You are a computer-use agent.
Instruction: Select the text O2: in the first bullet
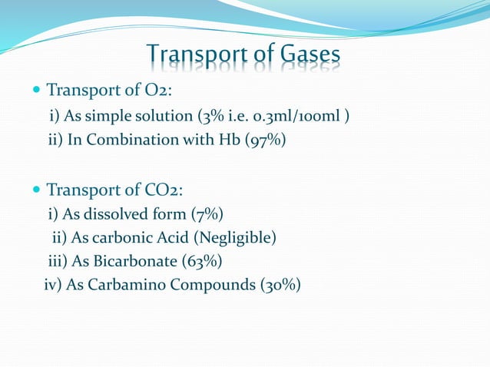pos(154,90)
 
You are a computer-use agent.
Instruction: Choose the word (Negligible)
pos(236,237)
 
